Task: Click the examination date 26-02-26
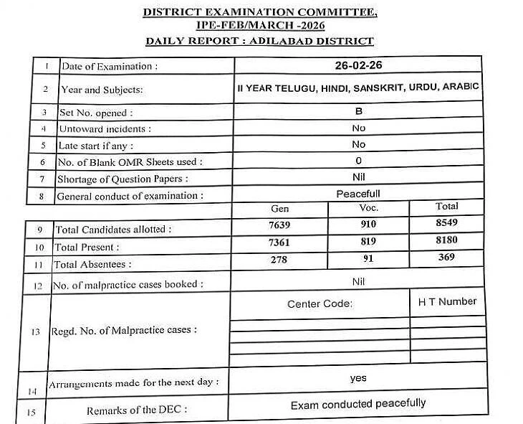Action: [359, 65]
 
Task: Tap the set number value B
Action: [359, 111]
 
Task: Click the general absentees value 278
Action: [279, 259]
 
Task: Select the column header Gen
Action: [279, 209]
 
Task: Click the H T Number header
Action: [447, 301]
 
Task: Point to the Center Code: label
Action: [320, 304]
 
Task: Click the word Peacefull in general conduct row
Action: [358, 194]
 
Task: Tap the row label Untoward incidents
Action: [105, 129]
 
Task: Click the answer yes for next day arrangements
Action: [358, 377]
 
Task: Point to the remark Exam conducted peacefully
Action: [358, 405]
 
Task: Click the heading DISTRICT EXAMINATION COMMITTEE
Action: [260, 13]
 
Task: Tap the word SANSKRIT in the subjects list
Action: [374, 87]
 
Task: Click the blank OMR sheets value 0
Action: [359, 160]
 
